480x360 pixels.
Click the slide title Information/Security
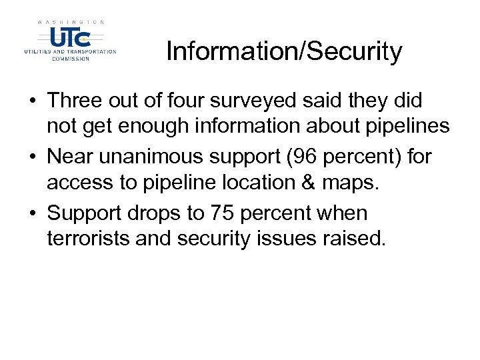pyautogui.click(x=284, y=51)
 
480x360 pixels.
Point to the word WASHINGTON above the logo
pyautogui.click(x=70, y=22)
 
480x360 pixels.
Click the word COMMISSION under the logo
pyautogui.click(x=70, y=58)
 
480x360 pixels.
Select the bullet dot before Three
pyautogui.click(x=32, y=102)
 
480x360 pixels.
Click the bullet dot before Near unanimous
pyautogui.click(x=32, y=158)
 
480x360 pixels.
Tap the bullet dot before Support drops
pyautogui.click(x=32, y=214)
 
